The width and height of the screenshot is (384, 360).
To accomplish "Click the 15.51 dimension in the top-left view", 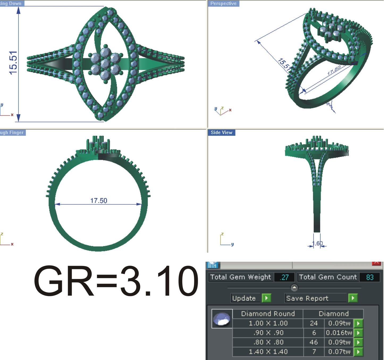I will (x=13, y=63).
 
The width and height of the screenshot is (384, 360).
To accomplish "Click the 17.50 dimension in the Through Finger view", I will (x=99, y=201).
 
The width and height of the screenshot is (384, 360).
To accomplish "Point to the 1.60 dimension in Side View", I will (x=317, y=243).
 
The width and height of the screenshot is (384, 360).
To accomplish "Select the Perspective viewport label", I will (x=223, y=3).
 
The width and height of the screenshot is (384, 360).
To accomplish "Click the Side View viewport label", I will (x=221, y=132).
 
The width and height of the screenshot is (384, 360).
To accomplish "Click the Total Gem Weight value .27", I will (x=284, y=277).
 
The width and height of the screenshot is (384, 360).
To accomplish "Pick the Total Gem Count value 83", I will (x=370, y=277).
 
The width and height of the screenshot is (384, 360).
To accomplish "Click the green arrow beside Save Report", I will (x=353, y=298).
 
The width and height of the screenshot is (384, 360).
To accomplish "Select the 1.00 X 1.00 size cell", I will (x=268, y=323).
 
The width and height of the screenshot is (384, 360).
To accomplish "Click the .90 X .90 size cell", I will (x=268, y=333).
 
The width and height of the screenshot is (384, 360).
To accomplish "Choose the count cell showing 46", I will (x=314, y=342).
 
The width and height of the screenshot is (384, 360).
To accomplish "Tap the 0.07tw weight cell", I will (x=339, y=352).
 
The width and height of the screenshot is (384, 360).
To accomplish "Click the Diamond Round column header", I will (x=268, y=314).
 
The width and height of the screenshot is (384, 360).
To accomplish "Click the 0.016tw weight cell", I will (x=339, y=333).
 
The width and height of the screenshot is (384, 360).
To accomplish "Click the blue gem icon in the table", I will (x=222, y=319).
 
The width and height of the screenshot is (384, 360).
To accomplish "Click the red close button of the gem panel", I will (x=376, y=263).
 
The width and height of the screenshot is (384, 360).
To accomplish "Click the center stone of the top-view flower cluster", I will (x=105, y=63).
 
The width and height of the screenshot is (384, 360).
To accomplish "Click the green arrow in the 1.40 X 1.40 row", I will (x=358, y=352).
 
